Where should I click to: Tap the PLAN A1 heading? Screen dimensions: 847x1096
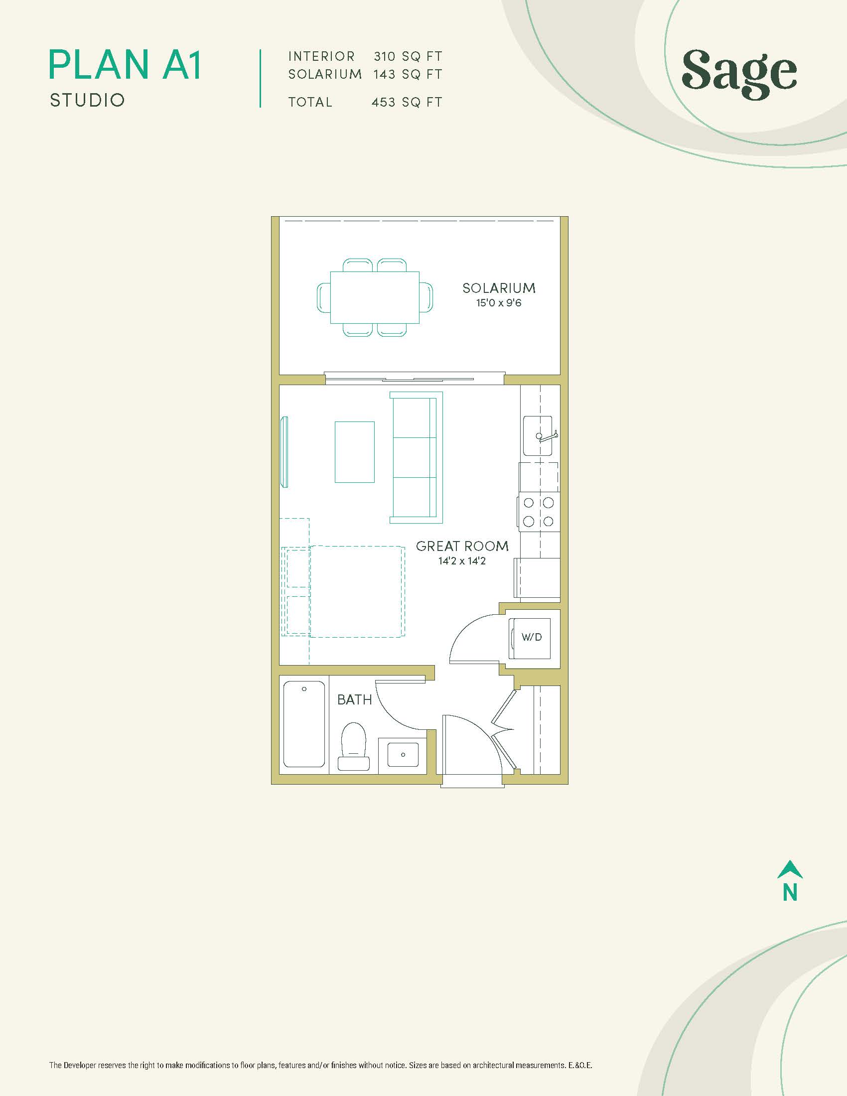click(126, 65)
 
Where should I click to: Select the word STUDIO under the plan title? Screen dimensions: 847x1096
click(87, 100)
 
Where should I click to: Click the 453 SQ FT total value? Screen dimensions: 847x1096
click(407, 102)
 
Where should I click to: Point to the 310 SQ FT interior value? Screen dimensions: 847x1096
click(408, 56)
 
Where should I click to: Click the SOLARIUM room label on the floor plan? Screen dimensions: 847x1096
click(499, 288)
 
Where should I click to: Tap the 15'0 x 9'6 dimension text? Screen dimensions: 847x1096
click(499, 302)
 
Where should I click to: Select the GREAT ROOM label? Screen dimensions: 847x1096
click(462, 546)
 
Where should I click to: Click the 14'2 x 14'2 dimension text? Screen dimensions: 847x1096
click(462, 561)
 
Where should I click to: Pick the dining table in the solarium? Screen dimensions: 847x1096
click(375, 297)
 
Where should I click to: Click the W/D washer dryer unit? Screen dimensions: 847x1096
click(530, 638)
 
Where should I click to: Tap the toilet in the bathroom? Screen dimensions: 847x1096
click(354, 746)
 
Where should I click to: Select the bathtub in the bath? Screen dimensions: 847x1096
click(304, 724)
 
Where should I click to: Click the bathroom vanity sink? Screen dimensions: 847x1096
click(403, 754)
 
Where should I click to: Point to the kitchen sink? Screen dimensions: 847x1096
click(538, 435)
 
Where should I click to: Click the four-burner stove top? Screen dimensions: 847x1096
click(538, 512)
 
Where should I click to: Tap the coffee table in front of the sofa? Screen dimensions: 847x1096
click(355, 452)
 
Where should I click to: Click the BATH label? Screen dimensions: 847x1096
click(354, 699)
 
